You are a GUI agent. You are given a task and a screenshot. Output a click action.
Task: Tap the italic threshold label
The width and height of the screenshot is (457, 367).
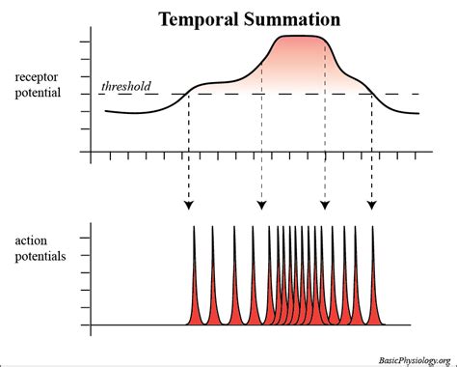coord(126,86)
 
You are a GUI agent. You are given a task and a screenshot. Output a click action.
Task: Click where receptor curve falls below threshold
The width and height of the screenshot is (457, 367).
coord(372,94)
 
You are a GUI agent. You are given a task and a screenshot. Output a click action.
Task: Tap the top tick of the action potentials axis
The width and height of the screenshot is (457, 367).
coord(88,237)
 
